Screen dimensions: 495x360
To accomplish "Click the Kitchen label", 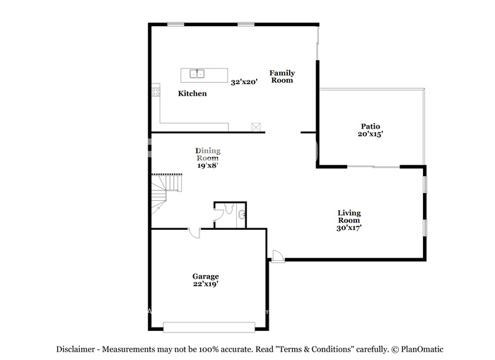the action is coord(192,93).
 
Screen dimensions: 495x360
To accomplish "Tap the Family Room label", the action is coord(282,76).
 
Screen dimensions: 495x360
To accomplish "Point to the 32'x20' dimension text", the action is coord(244,82).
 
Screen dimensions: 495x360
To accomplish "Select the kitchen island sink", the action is coord(197,74).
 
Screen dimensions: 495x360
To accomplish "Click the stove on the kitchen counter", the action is coord(156,92).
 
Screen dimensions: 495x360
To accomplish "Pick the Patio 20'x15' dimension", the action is coord(371,134).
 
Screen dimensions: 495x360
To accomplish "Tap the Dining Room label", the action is coord(208,154).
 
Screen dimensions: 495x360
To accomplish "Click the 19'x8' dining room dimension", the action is coord(208,166).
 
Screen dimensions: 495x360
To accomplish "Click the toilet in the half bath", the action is coord(229,209).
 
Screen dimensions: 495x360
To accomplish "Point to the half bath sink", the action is coord(242,215).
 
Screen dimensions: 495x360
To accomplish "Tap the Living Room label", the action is coord(349,216).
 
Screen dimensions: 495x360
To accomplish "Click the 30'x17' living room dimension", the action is coord(349,228).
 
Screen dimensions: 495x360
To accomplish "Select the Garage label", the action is coord(206,277).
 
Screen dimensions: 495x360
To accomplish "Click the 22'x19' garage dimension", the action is coord(206,284).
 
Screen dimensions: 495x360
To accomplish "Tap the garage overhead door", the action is coord(209,327).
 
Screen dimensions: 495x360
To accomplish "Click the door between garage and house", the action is coord(194,233).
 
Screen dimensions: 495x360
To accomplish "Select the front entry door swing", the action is coord(278,256).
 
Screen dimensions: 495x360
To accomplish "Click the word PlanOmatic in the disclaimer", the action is coord(422,349).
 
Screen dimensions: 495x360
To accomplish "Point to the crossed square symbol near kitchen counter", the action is coord(256,127).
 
